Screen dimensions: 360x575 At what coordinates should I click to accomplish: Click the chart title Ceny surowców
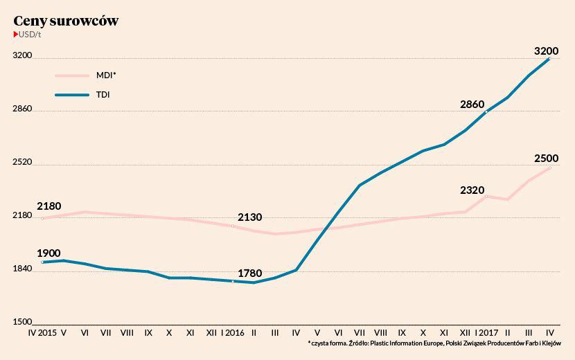[x=66, y=21]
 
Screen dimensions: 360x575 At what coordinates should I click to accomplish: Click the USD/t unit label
[x=29, y=35]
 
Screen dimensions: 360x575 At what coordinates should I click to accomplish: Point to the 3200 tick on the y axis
[x=23, y=56]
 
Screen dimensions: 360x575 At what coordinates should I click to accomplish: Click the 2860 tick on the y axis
[x=23, y=109]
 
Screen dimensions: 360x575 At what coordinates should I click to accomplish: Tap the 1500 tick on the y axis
[x=23, y=322]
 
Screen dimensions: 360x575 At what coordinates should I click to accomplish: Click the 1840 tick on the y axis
[x=23, y=269]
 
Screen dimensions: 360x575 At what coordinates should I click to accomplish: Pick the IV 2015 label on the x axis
[x=42, y=333]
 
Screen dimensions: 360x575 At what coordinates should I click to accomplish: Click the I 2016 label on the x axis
[x=233, y=333]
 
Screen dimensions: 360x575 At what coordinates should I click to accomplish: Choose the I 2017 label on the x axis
[x=486, y=333]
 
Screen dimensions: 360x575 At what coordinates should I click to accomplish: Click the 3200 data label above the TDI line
[x=547, y=51]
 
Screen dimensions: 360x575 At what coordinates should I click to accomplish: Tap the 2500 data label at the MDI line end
[x=547, y=159]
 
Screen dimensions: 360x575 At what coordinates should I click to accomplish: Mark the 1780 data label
[x=249, y=273]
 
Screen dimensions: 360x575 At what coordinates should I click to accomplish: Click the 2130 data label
[x=249, y=217]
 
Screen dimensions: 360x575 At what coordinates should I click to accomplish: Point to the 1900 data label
[x=48, y=253]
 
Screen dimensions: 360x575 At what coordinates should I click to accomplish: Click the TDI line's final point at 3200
[x=549, y=59]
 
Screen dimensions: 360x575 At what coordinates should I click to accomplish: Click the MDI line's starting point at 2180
[x=42, y=218]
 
